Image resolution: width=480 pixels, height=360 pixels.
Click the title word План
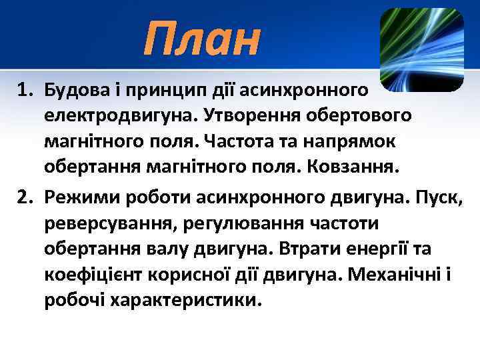tap(201, 39)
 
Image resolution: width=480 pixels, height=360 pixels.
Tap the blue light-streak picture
tap(421, 50)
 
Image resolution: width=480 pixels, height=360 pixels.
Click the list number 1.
tap(26, 89)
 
